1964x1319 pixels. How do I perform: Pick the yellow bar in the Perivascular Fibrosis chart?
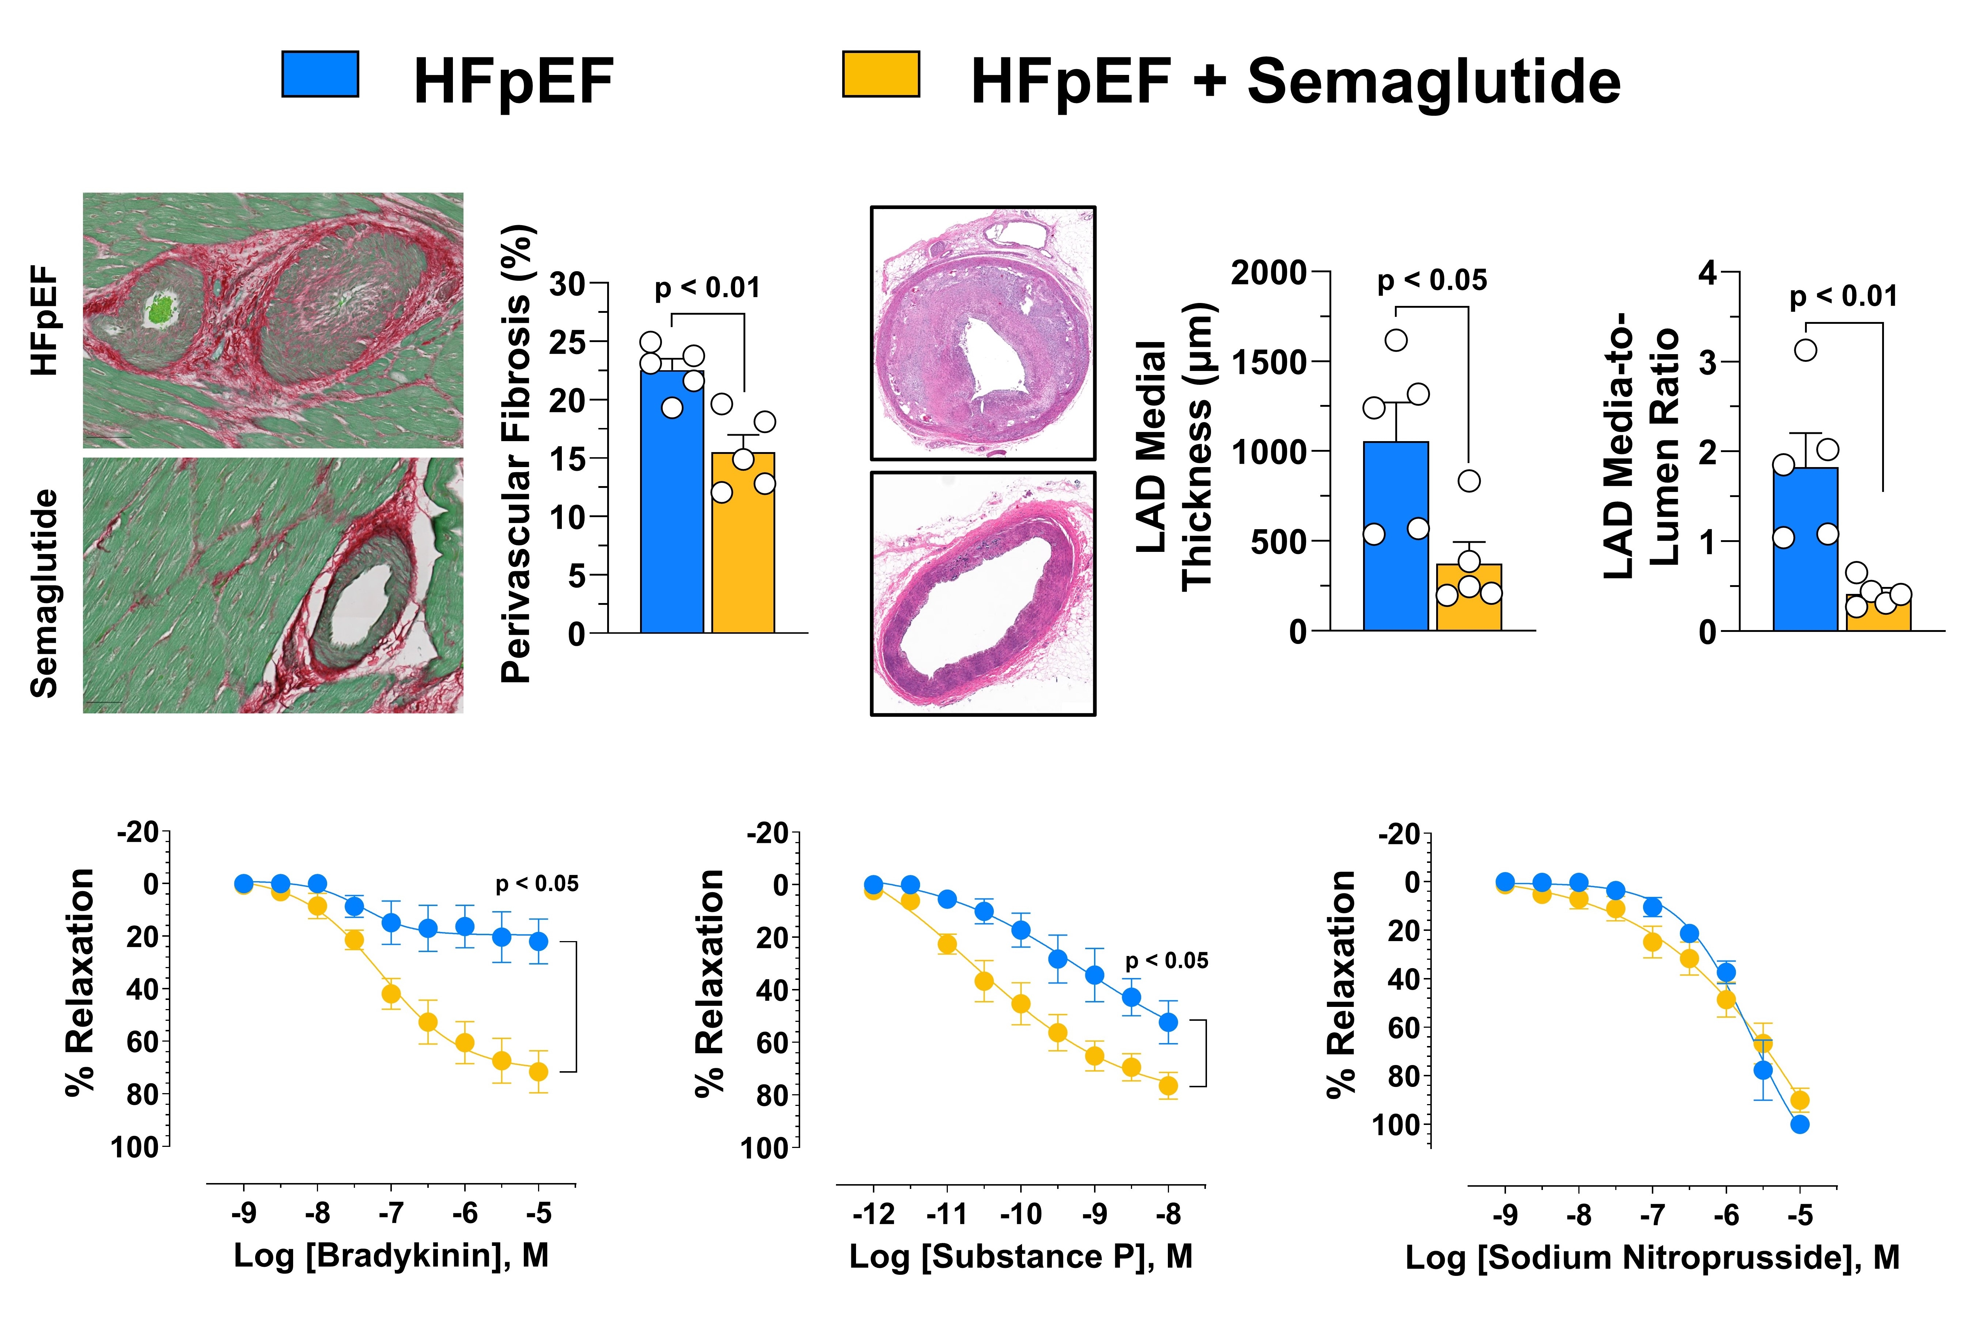click(x=743, y=547)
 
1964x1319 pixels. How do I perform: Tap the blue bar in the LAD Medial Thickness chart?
click(x=1395, y=538)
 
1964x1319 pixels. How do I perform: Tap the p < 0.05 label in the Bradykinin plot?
click(x=537, y=884)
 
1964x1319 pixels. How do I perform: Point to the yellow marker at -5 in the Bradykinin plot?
click(x=538, y=1072)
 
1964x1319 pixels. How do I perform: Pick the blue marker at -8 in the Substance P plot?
click(x=1168, y=1022)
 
